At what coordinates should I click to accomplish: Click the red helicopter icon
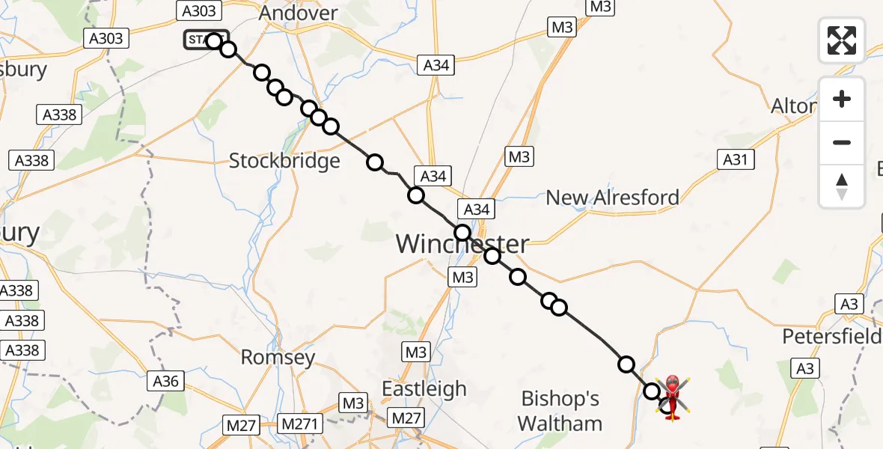click(672, 396)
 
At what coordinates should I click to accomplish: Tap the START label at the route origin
click(202, 40)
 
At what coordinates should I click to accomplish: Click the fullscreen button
click(842, 40)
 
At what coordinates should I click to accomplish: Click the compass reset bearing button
click(842, 186)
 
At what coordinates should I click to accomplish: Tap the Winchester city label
click(462, 244)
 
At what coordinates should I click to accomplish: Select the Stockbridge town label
click(284, 161)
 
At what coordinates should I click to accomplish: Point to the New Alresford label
click(612, 198)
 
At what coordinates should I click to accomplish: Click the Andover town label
click(298, 13)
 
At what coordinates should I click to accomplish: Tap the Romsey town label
click(278, 358)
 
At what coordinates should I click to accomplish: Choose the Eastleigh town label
click(424, 389)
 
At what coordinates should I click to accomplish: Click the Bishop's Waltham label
click(560, 411)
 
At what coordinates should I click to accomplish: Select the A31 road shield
click(736, 159)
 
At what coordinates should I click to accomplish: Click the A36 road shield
click(165, 381)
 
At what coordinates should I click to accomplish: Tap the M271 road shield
click(299, 424)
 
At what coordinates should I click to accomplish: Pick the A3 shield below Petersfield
click(805, 368)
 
